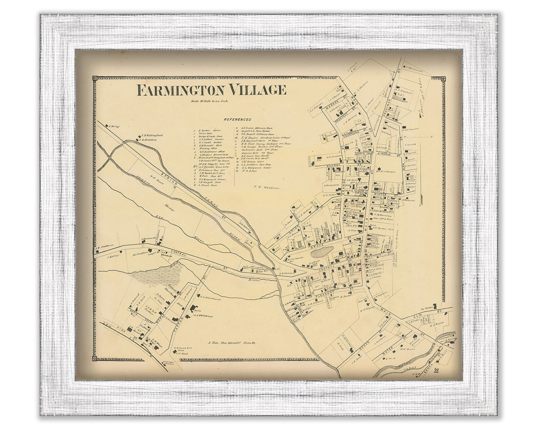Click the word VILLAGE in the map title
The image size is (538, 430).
(x=257, y=90)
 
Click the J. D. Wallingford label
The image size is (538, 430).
(x=152, y=135)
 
